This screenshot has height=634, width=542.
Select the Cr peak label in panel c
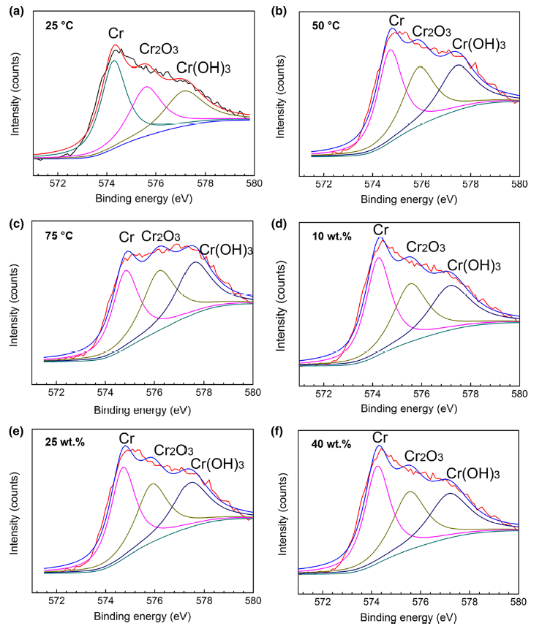point(127,237)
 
